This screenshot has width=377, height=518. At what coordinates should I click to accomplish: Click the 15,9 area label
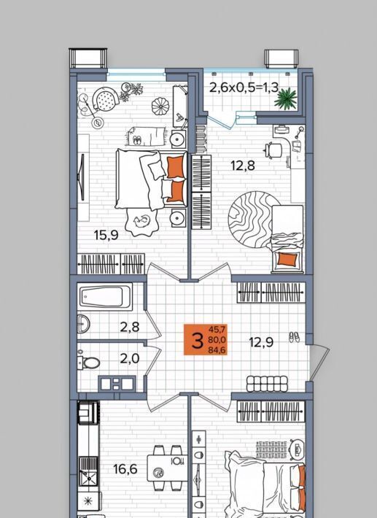[x=106, y=235]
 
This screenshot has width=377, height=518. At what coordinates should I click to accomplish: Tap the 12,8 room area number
[x=243, y=165]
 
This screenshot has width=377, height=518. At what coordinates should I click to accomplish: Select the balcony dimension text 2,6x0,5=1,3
[x=244, y=88]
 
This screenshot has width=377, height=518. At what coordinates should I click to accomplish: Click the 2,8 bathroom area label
[x=129, y=327]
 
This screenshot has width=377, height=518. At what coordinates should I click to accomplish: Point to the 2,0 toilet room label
[x=129, y=358]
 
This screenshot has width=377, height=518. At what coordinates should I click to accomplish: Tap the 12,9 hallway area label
[x=261, y=342]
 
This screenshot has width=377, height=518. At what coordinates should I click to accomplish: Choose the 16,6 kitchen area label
[x=125, y=468]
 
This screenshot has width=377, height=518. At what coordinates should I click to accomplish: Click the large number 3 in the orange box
[x=197, y=340]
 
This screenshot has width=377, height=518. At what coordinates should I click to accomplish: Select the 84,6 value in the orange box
[x=217, y=350]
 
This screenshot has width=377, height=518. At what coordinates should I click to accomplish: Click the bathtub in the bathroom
[x=104, y=296]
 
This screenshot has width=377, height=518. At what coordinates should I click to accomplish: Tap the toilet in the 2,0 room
[x=88, y=363]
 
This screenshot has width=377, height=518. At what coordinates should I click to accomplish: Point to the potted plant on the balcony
[x=286, y=98]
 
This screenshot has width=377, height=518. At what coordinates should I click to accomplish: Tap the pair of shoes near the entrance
[x=294, y=337]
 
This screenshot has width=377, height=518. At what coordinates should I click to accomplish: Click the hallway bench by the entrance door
[x=267, y=384]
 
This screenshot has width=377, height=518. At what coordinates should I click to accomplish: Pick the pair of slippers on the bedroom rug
[x=137, y=140]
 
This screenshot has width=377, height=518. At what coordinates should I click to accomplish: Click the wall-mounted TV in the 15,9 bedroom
[x=82, y=177]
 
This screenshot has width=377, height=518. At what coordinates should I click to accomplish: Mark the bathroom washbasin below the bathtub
[x=83, y=323]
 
